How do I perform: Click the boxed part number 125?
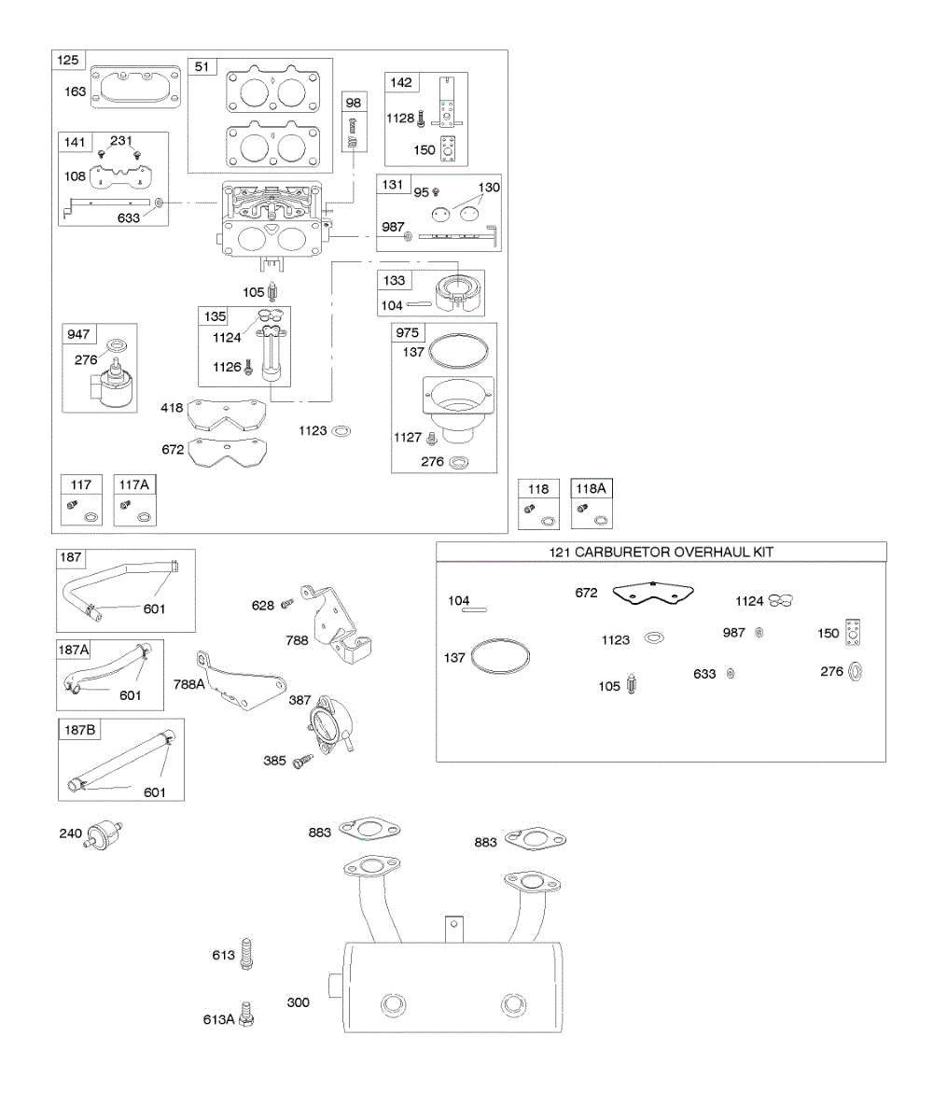pos(68,62)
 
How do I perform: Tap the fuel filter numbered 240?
pos(103,833)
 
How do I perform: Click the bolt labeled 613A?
pos(246,1012)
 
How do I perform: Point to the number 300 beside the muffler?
pos(299,1002)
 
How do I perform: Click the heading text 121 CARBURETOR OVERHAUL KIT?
pos(661,553)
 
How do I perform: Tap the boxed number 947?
pos(77,334)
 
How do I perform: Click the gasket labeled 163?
pos(135,91)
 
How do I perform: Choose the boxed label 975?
pos(409,333)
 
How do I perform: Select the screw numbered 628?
pos(288,604)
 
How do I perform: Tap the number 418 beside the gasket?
pos(171,407)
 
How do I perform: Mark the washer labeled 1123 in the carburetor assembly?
pos(341,431)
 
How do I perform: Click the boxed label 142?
pos(402,81)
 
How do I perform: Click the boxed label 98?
pos(355,102)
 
